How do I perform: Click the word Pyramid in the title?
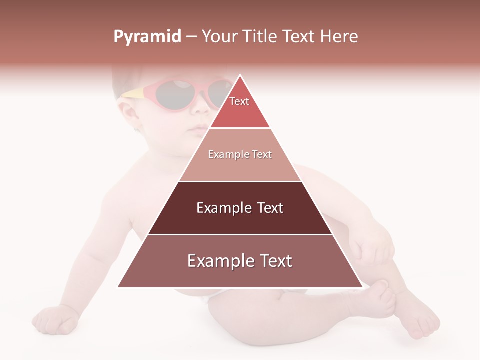coord(147,37)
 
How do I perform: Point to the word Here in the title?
coord(339,37)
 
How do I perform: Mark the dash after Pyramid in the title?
coord(191,37)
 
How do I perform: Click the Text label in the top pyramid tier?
coord(239,101)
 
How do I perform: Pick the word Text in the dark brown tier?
coord(270,208)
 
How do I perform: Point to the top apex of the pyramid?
coord(240,75)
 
